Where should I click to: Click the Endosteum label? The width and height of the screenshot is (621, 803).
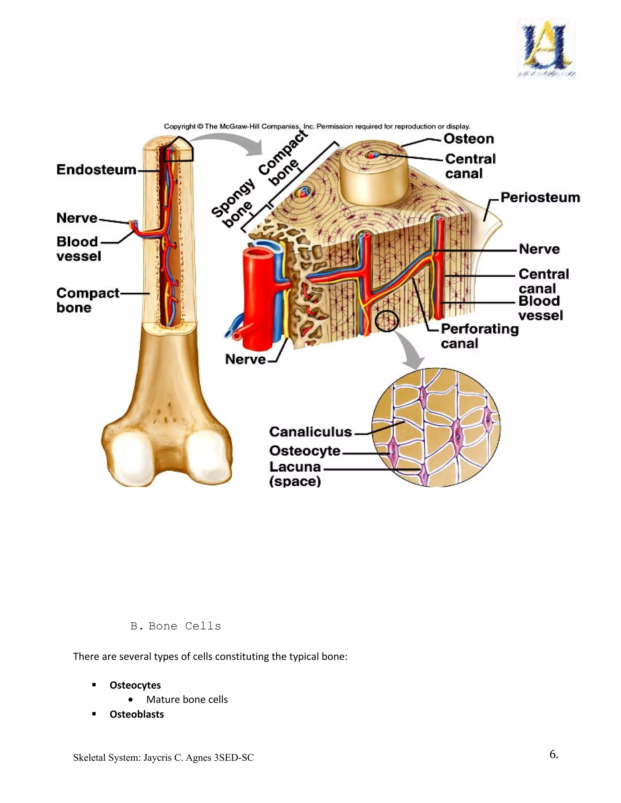coord(96,170)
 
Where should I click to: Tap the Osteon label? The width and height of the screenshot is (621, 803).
coord(468,139)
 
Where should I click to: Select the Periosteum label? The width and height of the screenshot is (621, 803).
coord(540,198)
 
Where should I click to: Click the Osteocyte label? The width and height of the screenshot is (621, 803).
coord(305,451)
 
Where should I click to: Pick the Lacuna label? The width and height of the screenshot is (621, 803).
coord(295,467)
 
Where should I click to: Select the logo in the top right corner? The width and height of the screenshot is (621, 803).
coord(546,48)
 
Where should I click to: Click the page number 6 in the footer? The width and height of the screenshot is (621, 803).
coord(554,754)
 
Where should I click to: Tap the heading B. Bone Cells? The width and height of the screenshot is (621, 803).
coord(176,626)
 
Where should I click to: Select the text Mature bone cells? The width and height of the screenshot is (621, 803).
coord(187,699)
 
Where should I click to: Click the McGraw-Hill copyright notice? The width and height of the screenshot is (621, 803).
coord(317,126)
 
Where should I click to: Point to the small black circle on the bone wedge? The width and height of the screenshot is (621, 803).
coord(386,321)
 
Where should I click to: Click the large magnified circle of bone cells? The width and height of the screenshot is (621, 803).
coord(436,427)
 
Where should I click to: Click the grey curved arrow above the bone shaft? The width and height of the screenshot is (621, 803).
coord(228,143)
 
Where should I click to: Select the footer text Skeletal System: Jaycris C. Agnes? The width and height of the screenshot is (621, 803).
coord(163,758)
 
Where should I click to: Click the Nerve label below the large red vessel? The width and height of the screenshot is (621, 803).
coord(245,359)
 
